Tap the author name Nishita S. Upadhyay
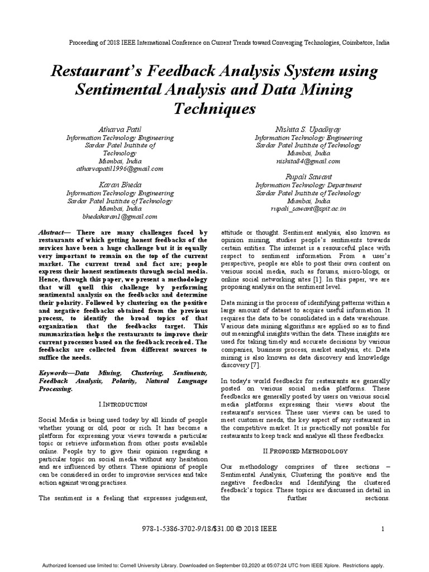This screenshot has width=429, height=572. coord(308,130)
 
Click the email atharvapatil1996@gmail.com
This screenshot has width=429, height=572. coord(120,168)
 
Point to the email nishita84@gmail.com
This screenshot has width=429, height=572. coord(308,161)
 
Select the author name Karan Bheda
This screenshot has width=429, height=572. coord(120,184)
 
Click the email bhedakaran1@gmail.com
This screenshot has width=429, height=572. coord(120,216)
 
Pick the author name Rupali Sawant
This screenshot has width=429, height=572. coord(308,177)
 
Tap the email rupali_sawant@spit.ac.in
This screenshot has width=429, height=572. coord(308,208)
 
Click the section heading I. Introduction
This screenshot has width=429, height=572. coord(122,403)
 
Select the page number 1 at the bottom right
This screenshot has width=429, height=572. coord(383,528)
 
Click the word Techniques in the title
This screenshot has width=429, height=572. coord(214,108)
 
